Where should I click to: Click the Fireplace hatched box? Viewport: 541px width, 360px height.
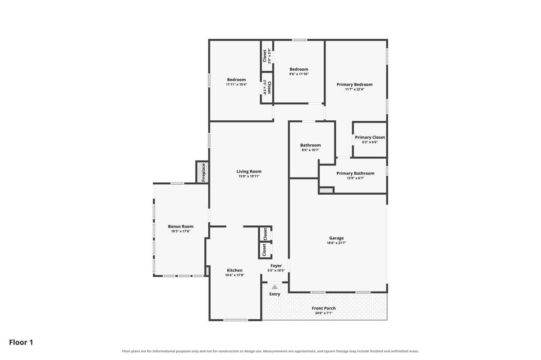(x=202, y=172)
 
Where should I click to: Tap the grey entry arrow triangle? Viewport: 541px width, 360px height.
(x=275, y=287)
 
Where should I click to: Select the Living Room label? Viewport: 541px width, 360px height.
(x=249, y=171)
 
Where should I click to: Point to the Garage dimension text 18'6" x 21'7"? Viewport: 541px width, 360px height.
(x=336, y=243)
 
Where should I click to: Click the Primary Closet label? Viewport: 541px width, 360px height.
(x=370, y=137)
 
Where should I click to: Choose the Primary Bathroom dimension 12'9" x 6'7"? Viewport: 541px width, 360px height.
(x=355, y=178)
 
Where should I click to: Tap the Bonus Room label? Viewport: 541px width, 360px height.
(x=181, y=227)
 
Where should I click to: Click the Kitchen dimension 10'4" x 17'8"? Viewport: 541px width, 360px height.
(x=234, y=275)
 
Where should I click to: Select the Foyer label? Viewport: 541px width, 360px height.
(x=276, y=266)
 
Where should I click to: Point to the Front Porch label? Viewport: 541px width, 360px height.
(x=324, y=308)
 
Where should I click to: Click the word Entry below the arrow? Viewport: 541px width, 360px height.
(x=275, y=294)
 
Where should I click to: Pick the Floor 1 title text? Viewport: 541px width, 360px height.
(x=21, y=342)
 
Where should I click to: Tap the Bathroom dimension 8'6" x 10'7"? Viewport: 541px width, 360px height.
(x=310, y=150)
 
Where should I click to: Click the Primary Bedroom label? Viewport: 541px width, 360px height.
(x=354, y=85)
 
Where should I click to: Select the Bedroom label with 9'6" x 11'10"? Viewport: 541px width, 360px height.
(x=299, y=69)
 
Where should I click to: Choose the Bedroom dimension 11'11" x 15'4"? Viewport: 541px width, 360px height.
(x=236, y=85)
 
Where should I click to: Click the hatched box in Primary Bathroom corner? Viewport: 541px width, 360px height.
(x=326, y=191)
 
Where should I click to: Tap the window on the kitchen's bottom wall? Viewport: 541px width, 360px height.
(x=235, y=320)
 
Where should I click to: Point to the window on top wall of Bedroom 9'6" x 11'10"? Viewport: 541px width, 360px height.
(x=299, y=40)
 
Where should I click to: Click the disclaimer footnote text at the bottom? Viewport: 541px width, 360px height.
(x=270, y=351)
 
